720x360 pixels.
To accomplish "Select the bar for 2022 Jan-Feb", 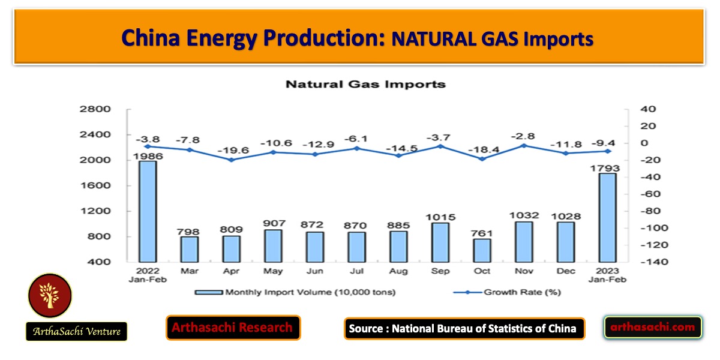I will pyautogui.click(x=147, y=211).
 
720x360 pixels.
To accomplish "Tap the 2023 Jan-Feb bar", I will pyautogui.click(x=607, y=217).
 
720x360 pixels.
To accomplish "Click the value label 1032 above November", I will pyautogui.click(x=523, y=215).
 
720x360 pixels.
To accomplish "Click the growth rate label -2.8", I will pyautogui.click(x=523, y=136).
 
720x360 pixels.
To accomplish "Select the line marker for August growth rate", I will pyautogui.click(x=398, y=155).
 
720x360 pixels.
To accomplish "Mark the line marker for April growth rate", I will pyautogui.click(x=231, y=160).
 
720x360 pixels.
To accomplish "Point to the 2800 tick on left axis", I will pyautogui.click(x=99, y=109).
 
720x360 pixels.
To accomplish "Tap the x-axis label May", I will pyautogui.click(x=272, y=271).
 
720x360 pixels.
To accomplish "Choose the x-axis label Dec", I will pyautogui.click(x=565, y=271).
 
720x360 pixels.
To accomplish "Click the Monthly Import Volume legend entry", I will pyautogui.click(x=295, y=293).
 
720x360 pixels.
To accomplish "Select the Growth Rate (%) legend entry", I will pyautogui.click(x=508, y=293).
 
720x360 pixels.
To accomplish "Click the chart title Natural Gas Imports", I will pyautogui.click(x=365, y=84).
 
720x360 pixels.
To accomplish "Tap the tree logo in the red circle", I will pyautogui.click(x=50, y=296).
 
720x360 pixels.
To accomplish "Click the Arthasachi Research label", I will pyautogui.click(x=233, y=328).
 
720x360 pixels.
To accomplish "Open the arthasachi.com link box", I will pyautogui.click(x=653, y=327).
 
